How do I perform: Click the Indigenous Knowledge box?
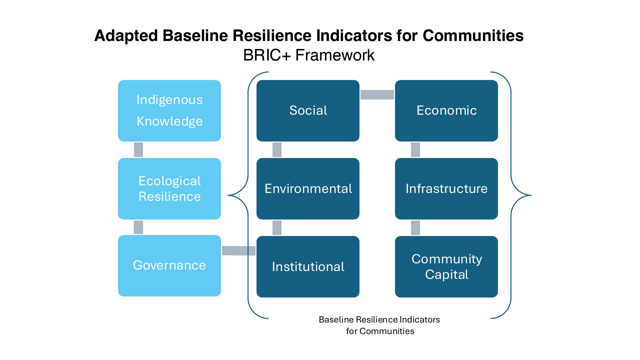pyautogui.click(x=169, y=111)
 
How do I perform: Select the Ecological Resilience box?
pyautogui.click(x=169, y=189)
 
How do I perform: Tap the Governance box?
pyautogui.click(x=169, y=266)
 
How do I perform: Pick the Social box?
pyautogui.click(x=308, y=111)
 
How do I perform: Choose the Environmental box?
pyautogui.click(x=308, y=189)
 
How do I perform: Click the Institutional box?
pyautogui.click(x=308, y=267)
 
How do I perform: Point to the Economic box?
pyautogui.click(x=446, y=111)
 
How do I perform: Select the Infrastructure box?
pyautogui.click(x=446, y=189)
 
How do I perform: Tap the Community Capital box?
pyautogui.click(x=446, y=267)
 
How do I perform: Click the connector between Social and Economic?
pyautogui.click(x=377, y=95)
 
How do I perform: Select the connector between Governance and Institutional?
pyautogui.click(x=239, y=251)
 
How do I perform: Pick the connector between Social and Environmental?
pyautogui.click(x=277, y=150)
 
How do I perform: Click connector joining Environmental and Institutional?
pyautogui.click(x=277, y=228)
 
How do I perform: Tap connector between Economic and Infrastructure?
pyautogui.click(x=415, y=150)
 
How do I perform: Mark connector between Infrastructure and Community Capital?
pyautogui.click(x=415, y=228)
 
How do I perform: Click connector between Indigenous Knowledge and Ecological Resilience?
pyautogui.click(x=138, y=150)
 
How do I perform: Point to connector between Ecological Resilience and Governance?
pyautogui.click(x=138, y=227)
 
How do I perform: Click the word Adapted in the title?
pyautogui.click(x=126, y=36)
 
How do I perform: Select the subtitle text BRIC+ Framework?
pyautogui.click(x=309, y=55)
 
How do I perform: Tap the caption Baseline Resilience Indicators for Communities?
pyautogui.click(x=380, y=325)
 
